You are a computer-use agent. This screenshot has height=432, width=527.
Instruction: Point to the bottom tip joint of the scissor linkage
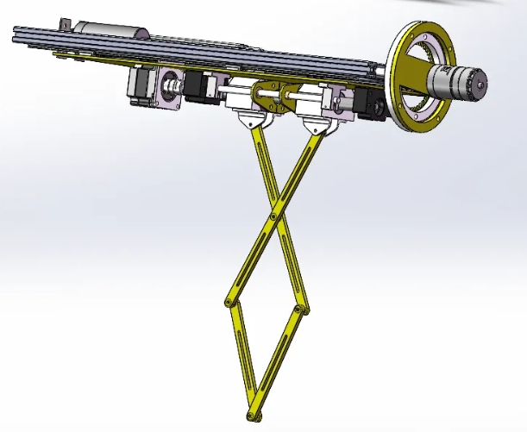[x=252, y=416]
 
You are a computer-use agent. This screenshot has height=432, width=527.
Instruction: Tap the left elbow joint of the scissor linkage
[x=228, y=302]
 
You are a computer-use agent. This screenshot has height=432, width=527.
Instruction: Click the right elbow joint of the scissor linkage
[x=298, y=308]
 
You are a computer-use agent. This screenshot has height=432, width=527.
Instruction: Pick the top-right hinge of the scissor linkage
[x=312, y=129]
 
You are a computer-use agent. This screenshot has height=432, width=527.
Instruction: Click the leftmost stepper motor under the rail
[x=143, y=86]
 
